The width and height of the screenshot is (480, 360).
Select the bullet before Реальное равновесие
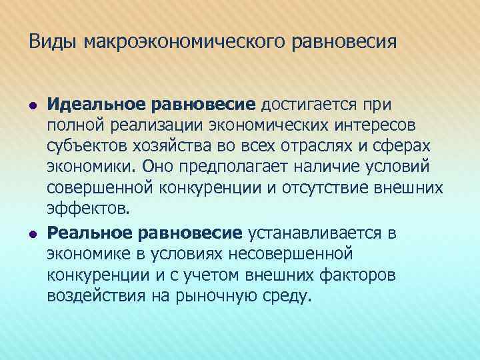[x=32, y=233]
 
